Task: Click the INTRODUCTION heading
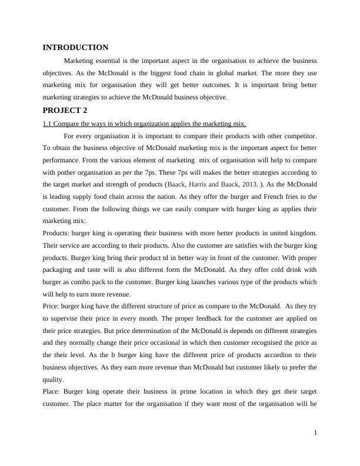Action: click(x=75, y=48)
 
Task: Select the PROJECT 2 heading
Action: click(x=65, y=110)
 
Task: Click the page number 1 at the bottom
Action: click(x=315, y=434)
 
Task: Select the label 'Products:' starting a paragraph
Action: click(x=56, y=234)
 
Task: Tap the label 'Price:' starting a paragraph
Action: click(x=51, y=307)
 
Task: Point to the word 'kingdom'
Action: click(x=301, y=234)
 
